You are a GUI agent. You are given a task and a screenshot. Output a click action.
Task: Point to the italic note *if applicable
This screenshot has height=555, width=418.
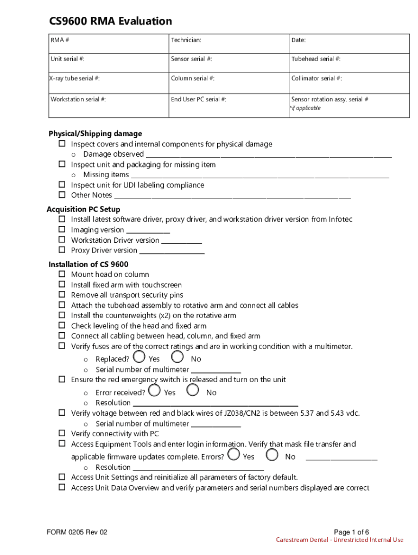(x=306, y=108)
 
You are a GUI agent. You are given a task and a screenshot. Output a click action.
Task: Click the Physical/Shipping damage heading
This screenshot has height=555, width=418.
(x=95, y=134)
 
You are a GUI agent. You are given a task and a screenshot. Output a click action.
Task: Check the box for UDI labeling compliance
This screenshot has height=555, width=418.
(x=62, y=185)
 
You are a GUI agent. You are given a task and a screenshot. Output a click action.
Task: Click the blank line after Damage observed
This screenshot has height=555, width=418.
(x=269, y=155)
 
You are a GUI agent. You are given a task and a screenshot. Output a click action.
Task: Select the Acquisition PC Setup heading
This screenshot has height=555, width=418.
(x=84, y=209)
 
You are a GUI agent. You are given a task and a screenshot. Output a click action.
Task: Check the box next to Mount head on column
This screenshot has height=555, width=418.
(x=62, y=274)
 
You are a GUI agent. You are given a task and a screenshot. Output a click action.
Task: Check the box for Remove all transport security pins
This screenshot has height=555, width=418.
(x=62, y=295)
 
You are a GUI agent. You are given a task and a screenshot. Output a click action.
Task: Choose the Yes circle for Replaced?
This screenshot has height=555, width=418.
(x=140, y=357)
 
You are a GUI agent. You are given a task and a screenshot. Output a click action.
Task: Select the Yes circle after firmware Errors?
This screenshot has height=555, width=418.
(x=234, y=454)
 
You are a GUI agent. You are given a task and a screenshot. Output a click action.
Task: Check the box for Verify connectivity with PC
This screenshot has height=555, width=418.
(x=62, y=434)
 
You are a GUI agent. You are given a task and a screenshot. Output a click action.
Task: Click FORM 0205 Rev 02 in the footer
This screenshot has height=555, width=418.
(x=77, y=532)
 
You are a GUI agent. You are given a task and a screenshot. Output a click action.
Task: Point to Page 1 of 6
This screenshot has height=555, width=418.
(x=351, y=532)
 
